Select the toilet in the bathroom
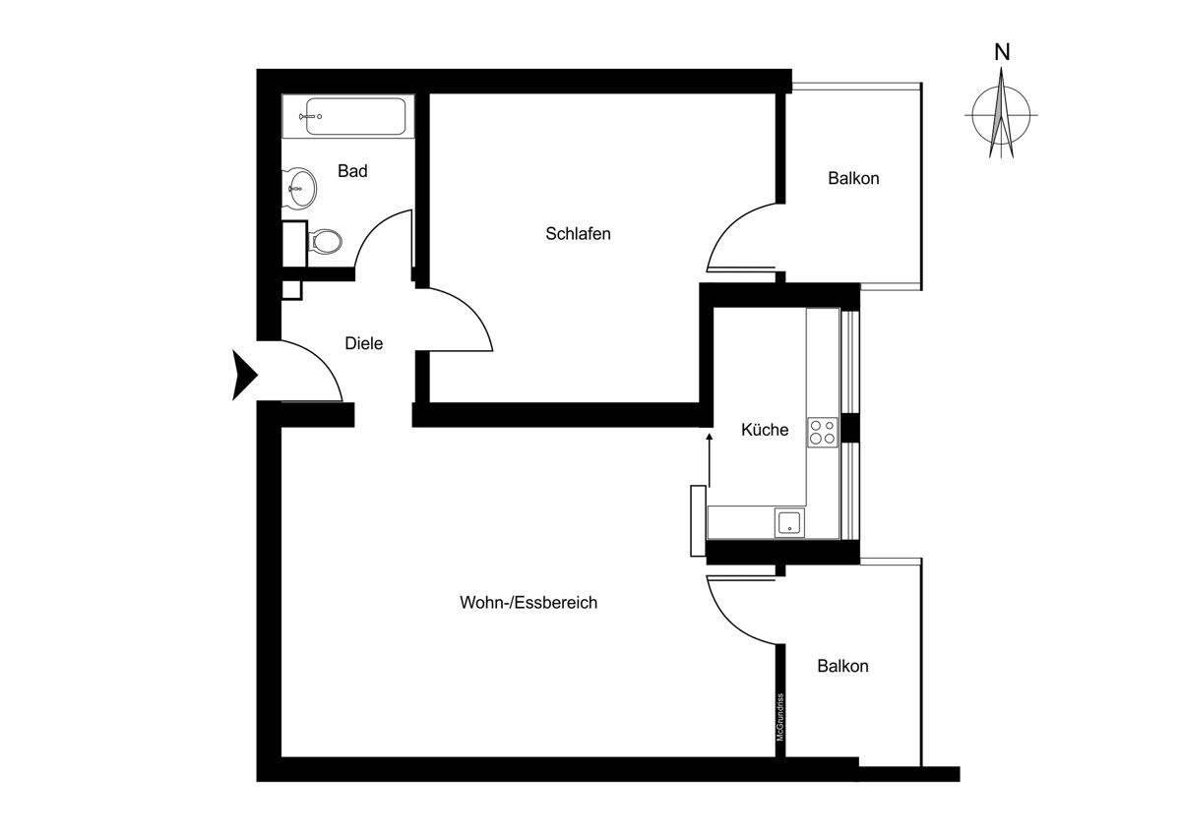(x=325, y=241)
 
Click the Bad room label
(x=352, y=171)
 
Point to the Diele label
(x=363, y=343)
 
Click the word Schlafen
(x=579, y=234)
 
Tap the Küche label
(x=765, y=430)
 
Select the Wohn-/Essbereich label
(x=528, y=603)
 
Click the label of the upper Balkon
(x=853, y=179)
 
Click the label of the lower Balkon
(x=842, y=666)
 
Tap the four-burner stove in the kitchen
(x=823, y=432)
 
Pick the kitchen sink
(x=789, y=521)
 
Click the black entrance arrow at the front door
(x=243, y=375)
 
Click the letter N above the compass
(x=1002, y=53)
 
